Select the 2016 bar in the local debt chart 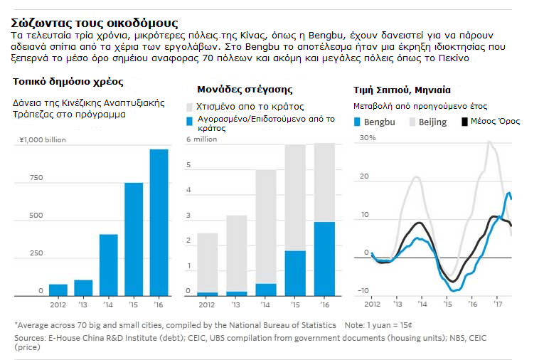tap(159, 222)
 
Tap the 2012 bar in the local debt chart tap(58, 290)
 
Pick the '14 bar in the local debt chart tap(109, 265)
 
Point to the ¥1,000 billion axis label tap(42, 140)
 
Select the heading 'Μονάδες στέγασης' tap(245, 90)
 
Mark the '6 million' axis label tap(201, 139)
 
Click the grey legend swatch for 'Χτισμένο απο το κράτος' tap(190, 107)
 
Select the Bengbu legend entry tap(374, 122)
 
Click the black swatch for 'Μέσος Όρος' tap(466, 122)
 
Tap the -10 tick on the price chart tap(363, 290)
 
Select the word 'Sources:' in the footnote tap(30, 337)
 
